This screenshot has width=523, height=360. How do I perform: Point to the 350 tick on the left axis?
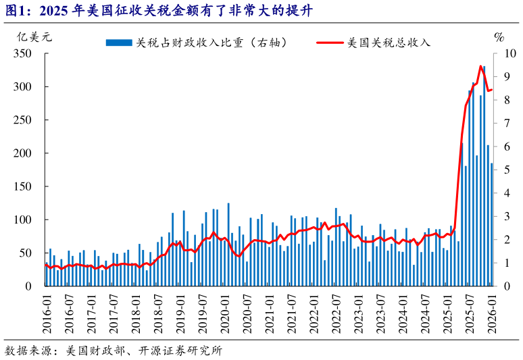(23, 53)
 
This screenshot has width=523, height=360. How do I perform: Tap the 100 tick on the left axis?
(23, 220)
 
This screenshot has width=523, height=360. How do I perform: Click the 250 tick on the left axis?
(23, 120)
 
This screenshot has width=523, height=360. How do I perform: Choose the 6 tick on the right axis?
(508, 147)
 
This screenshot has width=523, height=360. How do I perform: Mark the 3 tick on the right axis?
(508, 216)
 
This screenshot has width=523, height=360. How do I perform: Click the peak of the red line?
(480, 66)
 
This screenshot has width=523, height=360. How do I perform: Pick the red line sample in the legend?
(329, 43)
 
